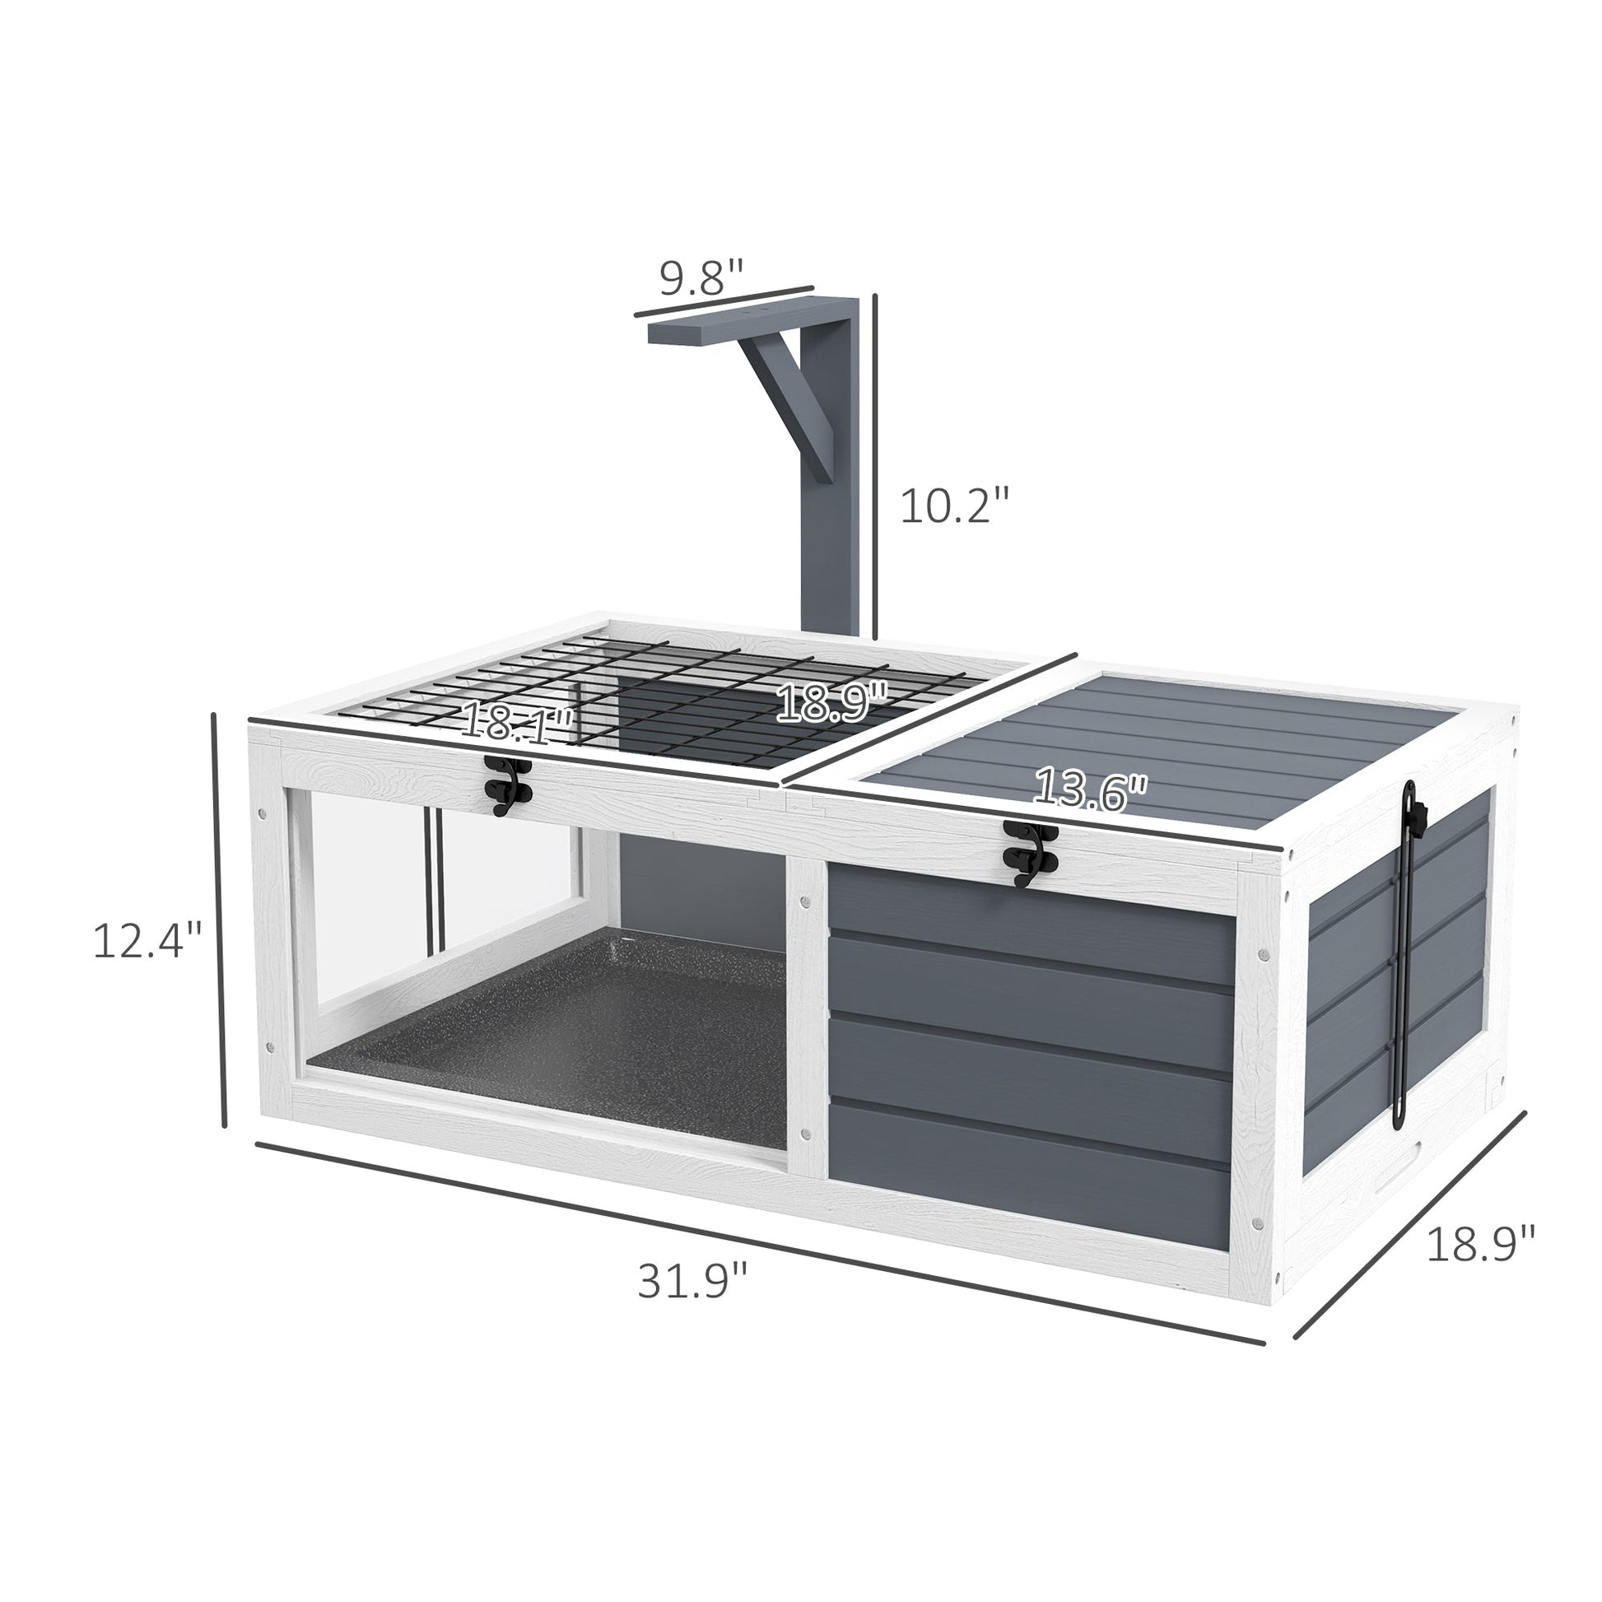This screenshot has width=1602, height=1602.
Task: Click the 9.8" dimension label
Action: coord(701,277)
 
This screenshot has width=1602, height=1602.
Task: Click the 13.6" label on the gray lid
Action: coord(1090,789)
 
